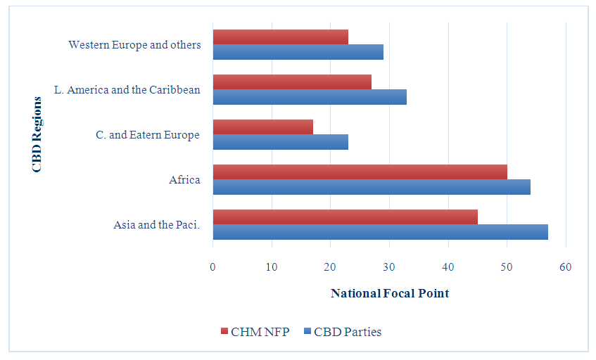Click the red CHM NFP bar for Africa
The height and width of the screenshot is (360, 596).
360,172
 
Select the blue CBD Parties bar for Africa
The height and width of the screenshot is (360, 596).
372,187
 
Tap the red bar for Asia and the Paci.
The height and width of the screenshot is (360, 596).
345,217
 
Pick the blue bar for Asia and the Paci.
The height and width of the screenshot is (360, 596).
380,232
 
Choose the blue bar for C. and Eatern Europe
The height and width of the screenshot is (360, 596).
280,142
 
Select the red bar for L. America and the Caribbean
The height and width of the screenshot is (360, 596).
292,82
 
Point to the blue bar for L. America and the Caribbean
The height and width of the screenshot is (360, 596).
310,97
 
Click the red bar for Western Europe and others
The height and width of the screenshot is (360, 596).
280,37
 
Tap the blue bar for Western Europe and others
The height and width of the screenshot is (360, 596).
298,52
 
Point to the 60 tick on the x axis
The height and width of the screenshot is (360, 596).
566,266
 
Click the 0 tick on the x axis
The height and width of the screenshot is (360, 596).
213,266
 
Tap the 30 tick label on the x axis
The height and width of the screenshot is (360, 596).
389,266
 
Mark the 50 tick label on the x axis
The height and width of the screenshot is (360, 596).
507,266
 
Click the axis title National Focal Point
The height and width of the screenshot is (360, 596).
389,293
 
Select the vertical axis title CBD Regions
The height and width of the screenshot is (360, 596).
37,134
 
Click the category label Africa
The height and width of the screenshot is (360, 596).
184,180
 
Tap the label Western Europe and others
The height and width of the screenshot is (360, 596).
134,44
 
